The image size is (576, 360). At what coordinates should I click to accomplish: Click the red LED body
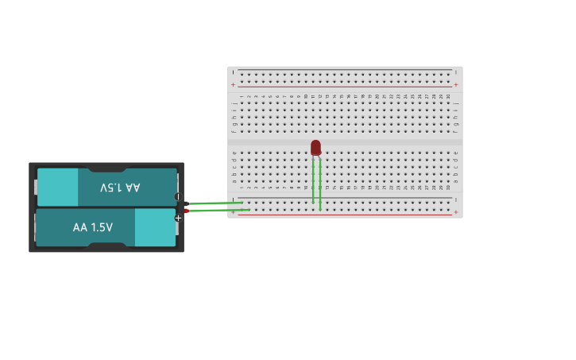tap(315, 147)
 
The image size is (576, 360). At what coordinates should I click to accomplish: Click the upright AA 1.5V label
tap(93, 227)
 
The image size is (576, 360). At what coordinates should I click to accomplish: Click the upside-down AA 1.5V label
tap(120, 188)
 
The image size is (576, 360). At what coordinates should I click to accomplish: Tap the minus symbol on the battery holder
tap(178, 196)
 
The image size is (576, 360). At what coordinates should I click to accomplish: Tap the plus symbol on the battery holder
tap(178, 219)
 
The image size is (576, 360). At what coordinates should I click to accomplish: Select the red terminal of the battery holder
tap(186, 211)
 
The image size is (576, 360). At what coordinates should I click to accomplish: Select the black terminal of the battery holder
tap(186, 203)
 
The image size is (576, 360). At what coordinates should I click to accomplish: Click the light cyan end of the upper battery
tap(57, 188)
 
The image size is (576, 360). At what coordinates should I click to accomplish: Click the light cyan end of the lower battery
tap(155, 227)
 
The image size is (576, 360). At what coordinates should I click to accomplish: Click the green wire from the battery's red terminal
tap(219, 211)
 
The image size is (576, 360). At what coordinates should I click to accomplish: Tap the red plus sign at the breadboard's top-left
tap(233, 84)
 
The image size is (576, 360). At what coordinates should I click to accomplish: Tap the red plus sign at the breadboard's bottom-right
tap(455, 212)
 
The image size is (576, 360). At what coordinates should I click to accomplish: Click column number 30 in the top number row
tap(448, 97)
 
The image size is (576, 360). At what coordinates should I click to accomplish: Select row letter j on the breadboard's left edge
tap(234, 103)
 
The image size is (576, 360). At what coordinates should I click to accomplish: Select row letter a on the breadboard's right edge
tap(455, 181)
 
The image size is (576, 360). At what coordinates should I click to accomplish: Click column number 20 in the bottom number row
tap(377, 188)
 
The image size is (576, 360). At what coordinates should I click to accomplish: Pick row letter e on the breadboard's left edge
tap(234, 153)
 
